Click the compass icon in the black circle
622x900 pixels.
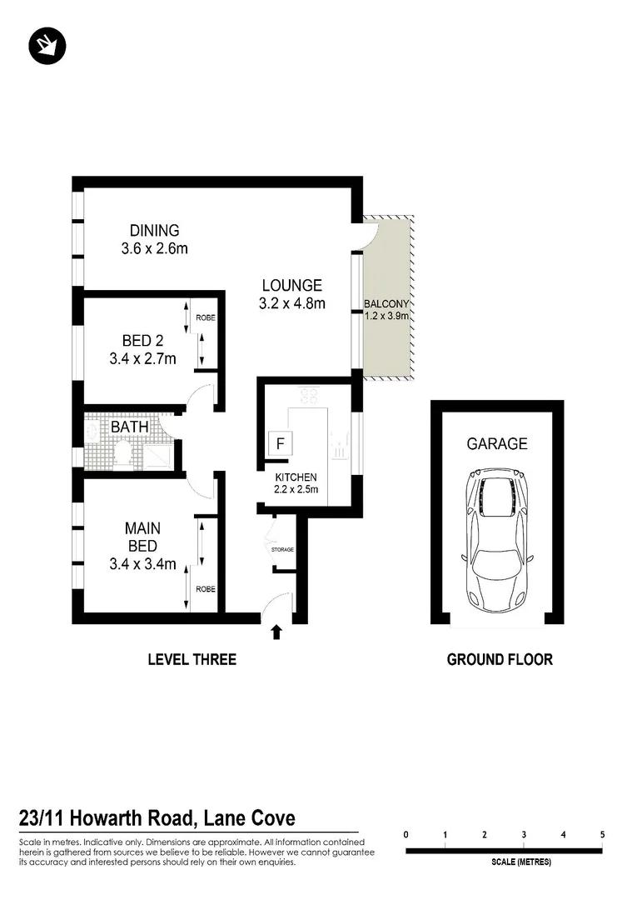tap(45, 47)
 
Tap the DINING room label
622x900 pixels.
tap(154, 231)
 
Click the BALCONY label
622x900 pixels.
tap(387, 304)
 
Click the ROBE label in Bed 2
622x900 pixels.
tap(205, 318)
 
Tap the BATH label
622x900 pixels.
tap(130, 427)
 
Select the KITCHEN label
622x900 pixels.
tap(296, 477)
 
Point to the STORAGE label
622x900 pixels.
tap(282, 550)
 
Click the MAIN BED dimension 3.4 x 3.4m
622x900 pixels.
tap(142, 564)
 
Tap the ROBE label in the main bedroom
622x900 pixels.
tap(205, 589)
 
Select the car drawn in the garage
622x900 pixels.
tap(498, 540)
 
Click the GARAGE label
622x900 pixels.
tap(498, 444)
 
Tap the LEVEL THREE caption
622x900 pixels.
tap(192, 660)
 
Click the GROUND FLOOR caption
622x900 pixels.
tap(500, 660)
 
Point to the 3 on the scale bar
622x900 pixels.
tap(524, 834)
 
